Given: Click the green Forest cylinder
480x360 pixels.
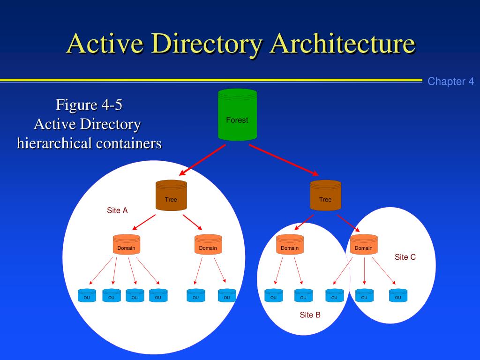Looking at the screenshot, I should pyautogui.click(x=237, y=115).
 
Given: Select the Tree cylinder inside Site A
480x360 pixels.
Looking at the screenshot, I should pyautogui.click(x=171, y=195).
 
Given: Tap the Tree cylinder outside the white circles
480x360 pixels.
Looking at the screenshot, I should pyautogui.click(x=325, y=195).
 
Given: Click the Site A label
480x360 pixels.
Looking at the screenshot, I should pyautogui.click(x=117, y=210).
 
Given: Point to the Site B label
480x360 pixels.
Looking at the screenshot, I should pyautogui.click(x=310, y=315).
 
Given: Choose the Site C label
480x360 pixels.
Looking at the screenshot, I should pyautogui.click(x=405, y=257).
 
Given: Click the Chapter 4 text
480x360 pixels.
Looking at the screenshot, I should pyautogui.click(x=450, y=82).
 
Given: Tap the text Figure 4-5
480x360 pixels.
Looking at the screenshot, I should pyautogui.click(x=89, y=105).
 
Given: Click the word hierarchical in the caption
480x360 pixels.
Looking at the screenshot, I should pyautogui.click(x=54, y=143).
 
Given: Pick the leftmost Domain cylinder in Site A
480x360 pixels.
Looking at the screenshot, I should pyautogui.click(x=126, y=245).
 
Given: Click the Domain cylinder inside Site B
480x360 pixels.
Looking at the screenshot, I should pyautogui.click(x=290, y=245).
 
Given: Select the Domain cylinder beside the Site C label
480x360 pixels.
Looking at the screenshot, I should pyautogui.click(x=364, y=245).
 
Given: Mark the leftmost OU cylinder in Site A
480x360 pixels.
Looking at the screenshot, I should pyautogui.click(x=87, y=296).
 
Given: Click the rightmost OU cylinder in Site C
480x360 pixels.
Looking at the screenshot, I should pyautogui.click(x=398, y=296).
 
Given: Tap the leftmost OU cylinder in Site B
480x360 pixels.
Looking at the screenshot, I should pyautogui.click(x=274, y=296).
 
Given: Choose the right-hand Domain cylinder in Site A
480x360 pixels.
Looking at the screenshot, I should pyautogui.click(x=208, y=245).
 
